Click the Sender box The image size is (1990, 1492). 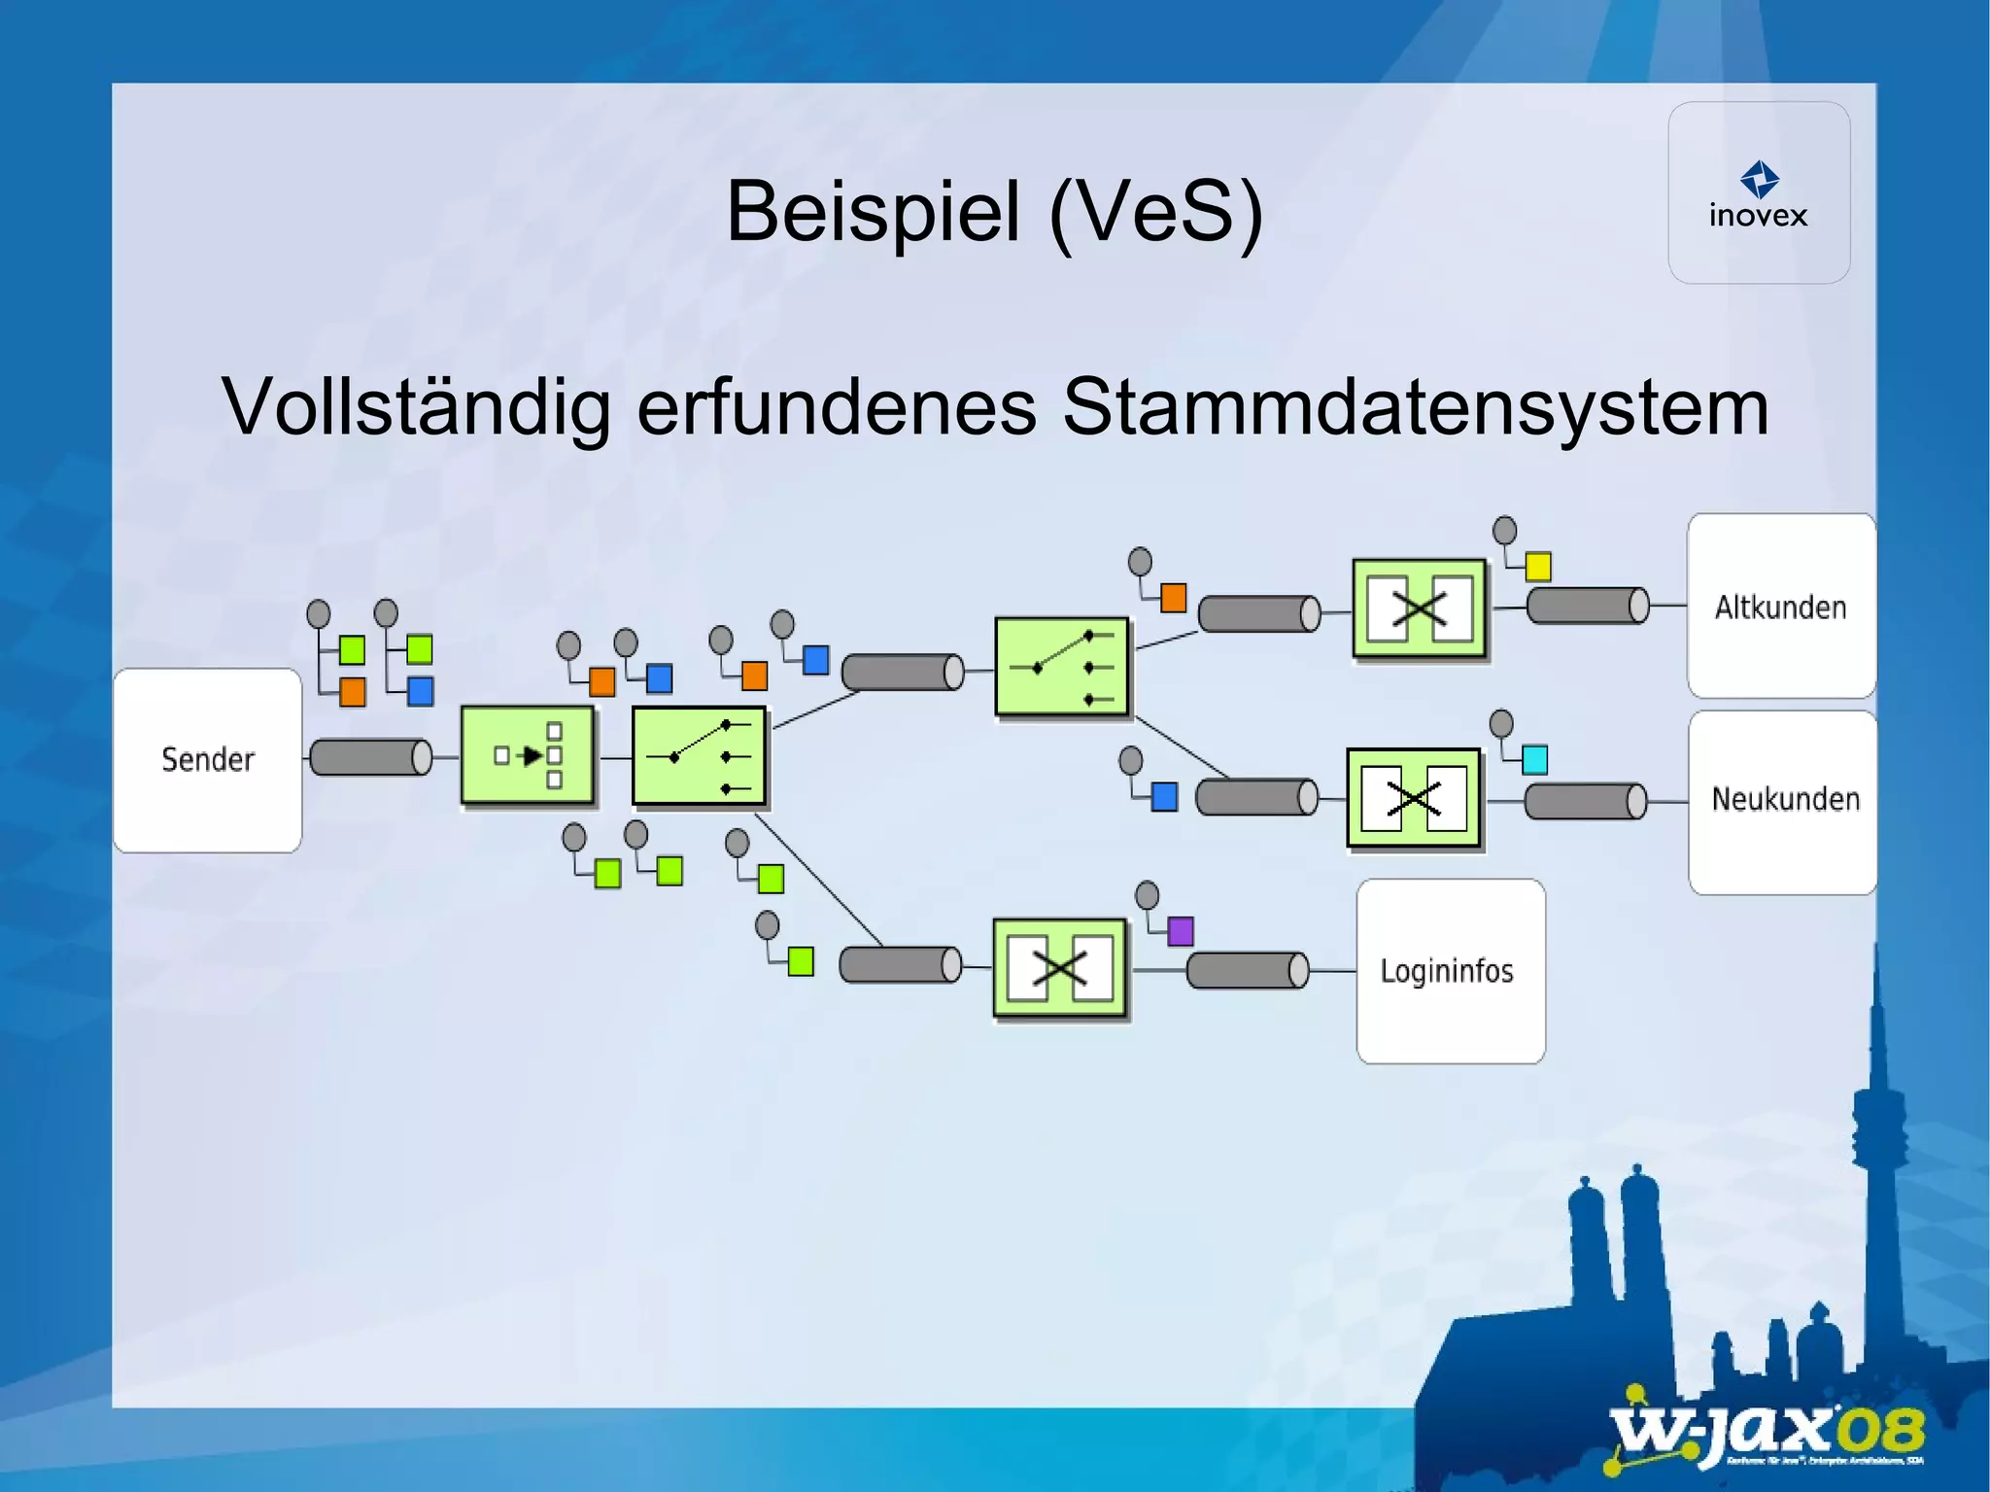(x=207, y=760)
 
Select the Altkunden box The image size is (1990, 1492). (x=1781, y=607)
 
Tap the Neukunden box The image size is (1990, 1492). (x=1784, y=800)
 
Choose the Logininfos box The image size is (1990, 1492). (x=1450, y=971)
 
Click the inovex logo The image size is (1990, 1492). (x=1759, y=194)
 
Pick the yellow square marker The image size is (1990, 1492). (x=1538, y=566)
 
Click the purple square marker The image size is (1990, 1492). (x=1180, y=931)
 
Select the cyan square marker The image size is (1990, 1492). (x=1534, y=759)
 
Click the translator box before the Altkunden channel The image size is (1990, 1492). (x=1420, y=609)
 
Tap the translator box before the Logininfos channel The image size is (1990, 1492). (x=1059, y=968)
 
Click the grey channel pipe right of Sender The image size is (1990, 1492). (x=370, y=756)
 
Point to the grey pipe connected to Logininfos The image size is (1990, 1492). (x=1248, y=969)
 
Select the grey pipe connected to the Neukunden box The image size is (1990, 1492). (x=1586, y=802)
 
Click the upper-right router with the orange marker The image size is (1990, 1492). (x=1062, y=668)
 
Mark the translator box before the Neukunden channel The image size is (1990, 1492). (x=1414, y=799)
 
